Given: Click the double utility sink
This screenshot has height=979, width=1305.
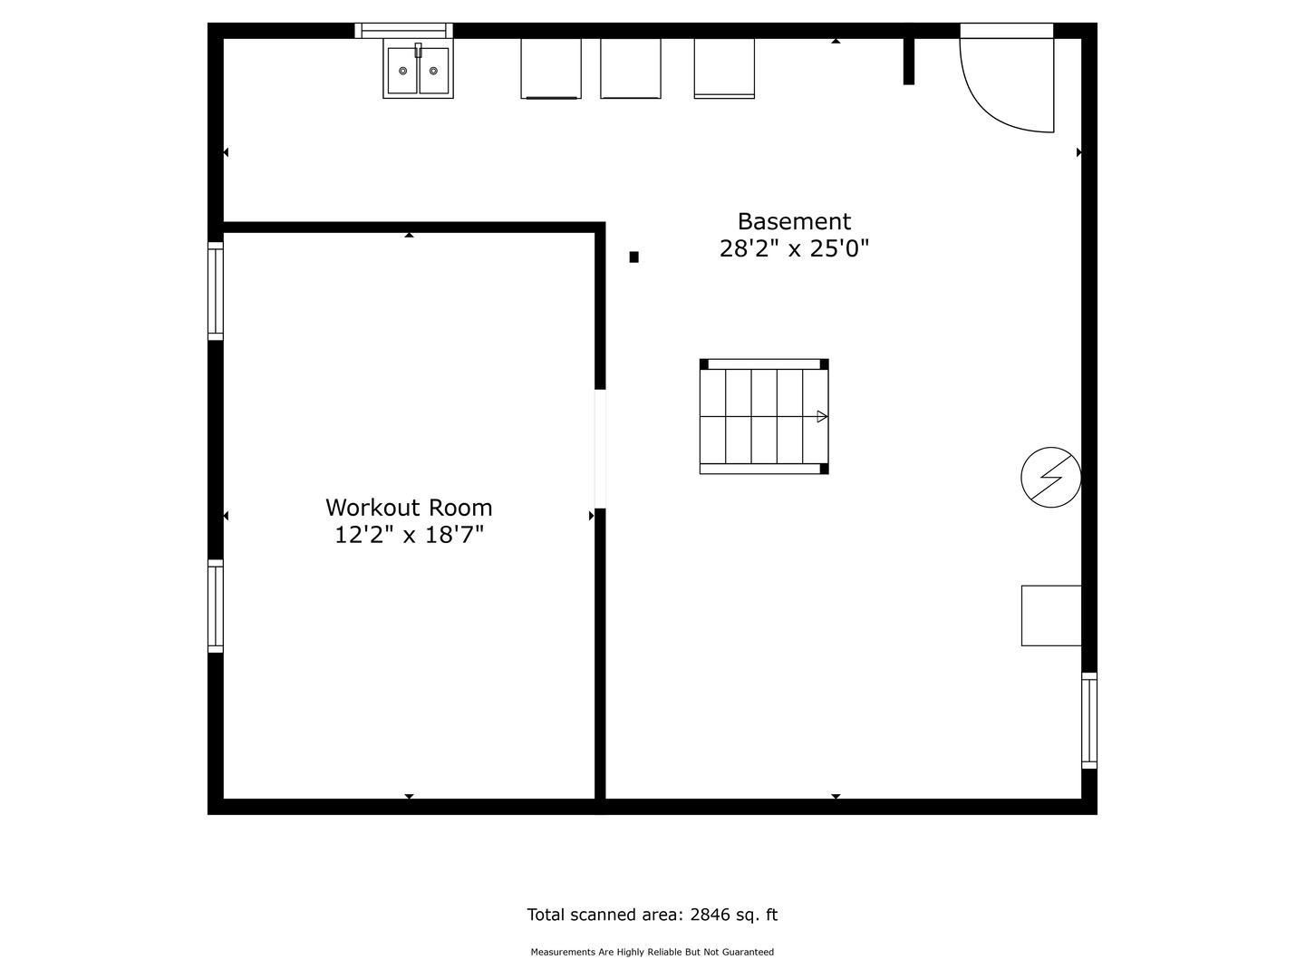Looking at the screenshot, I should [418, 70].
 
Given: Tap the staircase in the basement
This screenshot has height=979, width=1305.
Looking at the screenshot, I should [764, 416].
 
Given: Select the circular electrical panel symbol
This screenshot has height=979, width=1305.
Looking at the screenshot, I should [1050, 477].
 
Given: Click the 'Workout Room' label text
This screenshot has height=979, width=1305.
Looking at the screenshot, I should [409, 508].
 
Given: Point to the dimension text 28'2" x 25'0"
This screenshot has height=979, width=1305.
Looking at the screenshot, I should [794, 249].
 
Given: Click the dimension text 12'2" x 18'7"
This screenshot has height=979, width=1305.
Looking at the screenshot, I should [409, 536].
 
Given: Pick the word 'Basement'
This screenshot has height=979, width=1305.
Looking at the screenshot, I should [794, 222].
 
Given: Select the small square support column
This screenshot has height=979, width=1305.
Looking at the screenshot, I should [634, 257].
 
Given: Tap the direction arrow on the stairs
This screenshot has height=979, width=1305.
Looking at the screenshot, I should [822, 416].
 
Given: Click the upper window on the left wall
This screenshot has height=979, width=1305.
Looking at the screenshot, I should [216, 291].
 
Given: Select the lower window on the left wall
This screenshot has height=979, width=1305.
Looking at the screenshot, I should [216, 606].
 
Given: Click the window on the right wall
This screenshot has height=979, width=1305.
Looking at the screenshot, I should [1089, 722].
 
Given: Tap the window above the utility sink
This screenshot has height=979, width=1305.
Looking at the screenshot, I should [403, 31].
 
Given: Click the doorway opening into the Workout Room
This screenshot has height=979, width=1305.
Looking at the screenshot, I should [600, 449].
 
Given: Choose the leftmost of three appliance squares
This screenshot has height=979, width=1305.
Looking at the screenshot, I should [551, 68].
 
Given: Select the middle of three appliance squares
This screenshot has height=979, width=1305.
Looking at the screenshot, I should [631, 68].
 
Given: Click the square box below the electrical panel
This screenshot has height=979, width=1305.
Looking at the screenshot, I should [1051, 616].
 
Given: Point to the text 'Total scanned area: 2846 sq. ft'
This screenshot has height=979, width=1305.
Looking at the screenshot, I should [652, 915].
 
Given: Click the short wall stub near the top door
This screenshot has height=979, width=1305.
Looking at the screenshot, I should [909, 61].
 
